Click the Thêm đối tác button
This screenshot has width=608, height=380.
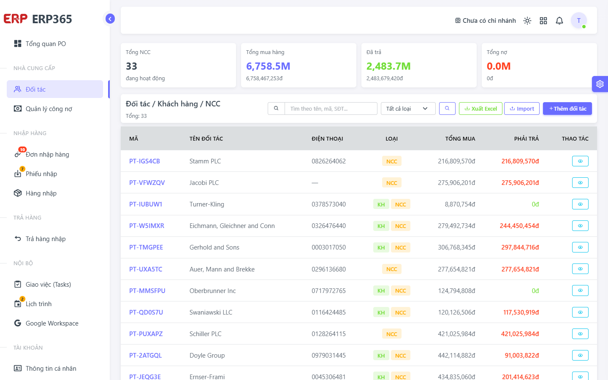(567, 109)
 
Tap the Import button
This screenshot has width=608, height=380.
(522, 109)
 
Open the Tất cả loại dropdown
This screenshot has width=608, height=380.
(408, 109)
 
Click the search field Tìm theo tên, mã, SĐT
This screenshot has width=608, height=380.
(331, 109)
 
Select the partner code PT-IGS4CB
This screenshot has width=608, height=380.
(144, 161)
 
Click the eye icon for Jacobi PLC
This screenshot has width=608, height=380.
(580, 183)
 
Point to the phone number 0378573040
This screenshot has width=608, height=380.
(328, 204)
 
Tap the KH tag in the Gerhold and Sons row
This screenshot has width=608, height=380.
(381, 247)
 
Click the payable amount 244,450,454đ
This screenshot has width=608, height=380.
(519, 226)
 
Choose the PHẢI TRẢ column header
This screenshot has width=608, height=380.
(526, 138)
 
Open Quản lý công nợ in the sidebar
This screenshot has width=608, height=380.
(49, 109)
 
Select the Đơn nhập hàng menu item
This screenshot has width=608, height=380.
(47, 155)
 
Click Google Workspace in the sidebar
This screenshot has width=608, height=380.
(52, 323)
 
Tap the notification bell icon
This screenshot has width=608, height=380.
(559, 21)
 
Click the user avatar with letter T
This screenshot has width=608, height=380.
(579, 20)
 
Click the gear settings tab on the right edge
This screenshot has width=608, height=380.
(600, 84)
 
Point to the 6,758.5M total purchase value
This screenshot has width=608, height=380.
(268, 66)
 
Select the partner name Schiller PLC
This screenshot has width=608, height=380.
(206, 334)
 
